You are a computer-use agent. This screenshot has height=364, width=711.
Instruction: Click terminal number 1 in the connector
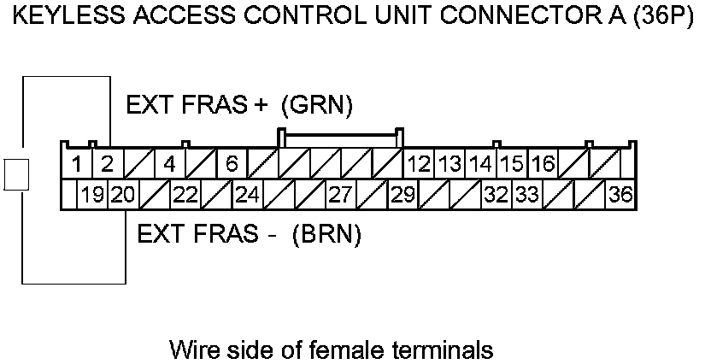click(77, 163)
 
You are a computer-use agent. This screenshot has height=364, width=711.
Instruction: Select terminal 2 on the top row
click(107, 163)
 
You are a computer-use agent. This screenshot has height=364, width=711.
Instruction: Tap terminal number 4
click(169, 163)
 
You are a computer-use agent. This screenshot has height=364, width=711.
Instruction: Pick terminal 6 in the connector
click(231, 163)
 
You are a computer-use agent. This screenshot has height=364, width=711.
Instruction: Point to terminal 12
click(419, 163)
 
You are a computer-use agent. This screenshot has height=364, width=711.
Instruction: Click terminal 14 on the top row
click(481, 163)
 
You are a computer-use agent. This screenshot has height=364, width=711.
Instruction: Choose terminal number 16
click(543, 163)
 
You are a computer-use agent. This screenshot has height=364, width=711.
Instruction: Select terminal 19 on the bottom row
click(92, 195)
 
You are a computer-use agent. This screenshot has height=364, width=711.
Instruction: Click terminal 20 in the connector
click(122, 195)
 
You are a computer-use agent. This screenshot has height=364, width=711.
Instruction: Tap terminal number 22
click(185, 195)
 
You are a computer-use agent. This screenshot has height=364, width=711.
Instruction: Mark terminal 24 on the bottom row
click(247, 195)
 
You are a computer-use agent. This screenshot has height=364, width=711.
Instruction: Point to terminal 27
click(340, 195)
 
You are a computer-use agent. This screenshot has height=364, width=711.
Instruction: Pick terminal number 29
click(402, 195)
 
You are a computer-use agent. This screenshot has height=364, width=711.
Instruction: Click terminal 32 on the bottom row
click(496, 195)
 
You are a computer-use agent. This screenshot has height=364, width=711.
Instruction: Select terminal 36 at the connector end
click(620, 195)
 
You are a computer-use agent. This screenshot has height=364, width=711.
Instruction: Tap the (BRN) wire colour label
click(326, 234)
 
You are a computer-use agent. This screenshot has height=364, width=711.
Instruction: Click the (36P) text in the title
click(661, 19)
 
